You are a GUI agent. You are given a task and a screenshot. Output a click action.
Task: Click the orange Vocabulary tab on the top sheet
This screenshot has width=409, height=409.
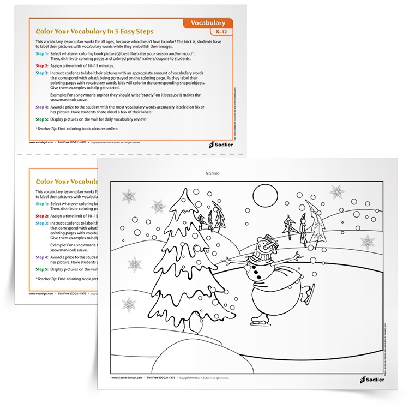click(208, 23)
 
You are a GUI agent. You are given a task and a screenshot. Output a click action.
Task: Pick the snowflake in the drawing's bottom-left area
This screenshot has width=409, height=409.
click(130, 304)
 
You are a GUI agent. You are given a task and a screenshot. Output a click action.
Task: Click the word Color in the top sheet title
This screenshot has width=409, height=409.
click(46, 31)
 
